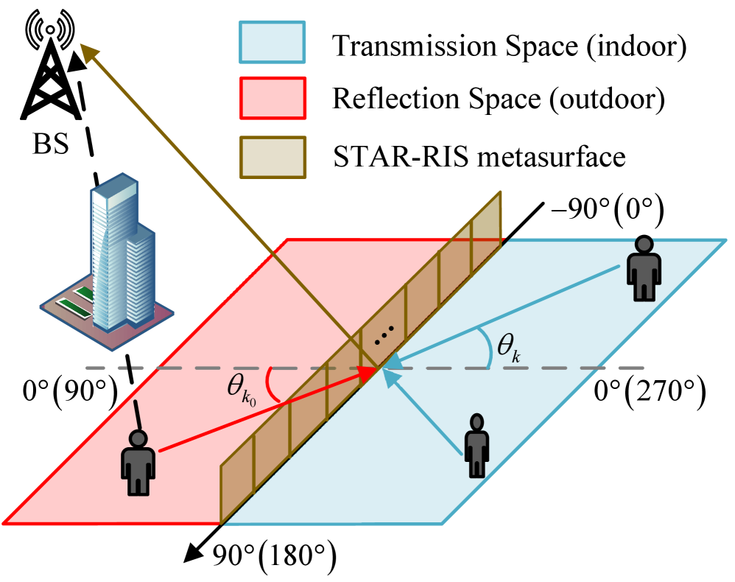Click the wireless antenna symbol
[x=50, y=32]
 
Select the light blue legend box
[x=272, y=42]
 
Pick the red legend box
[x=272, y=98]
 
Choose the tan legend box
[x=272, y=157]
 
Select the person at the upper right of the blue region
[x=644, y=269]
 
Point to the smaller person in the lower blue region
[x=476, y=445]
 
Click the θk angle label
[x=509, y=346]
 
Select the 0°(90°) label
[x=70, y=390]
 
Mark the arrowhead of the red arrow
[x=368, y=374]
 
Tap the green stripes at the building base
[x=77, y=304]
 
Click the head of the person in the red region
[x=138, y=438]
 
